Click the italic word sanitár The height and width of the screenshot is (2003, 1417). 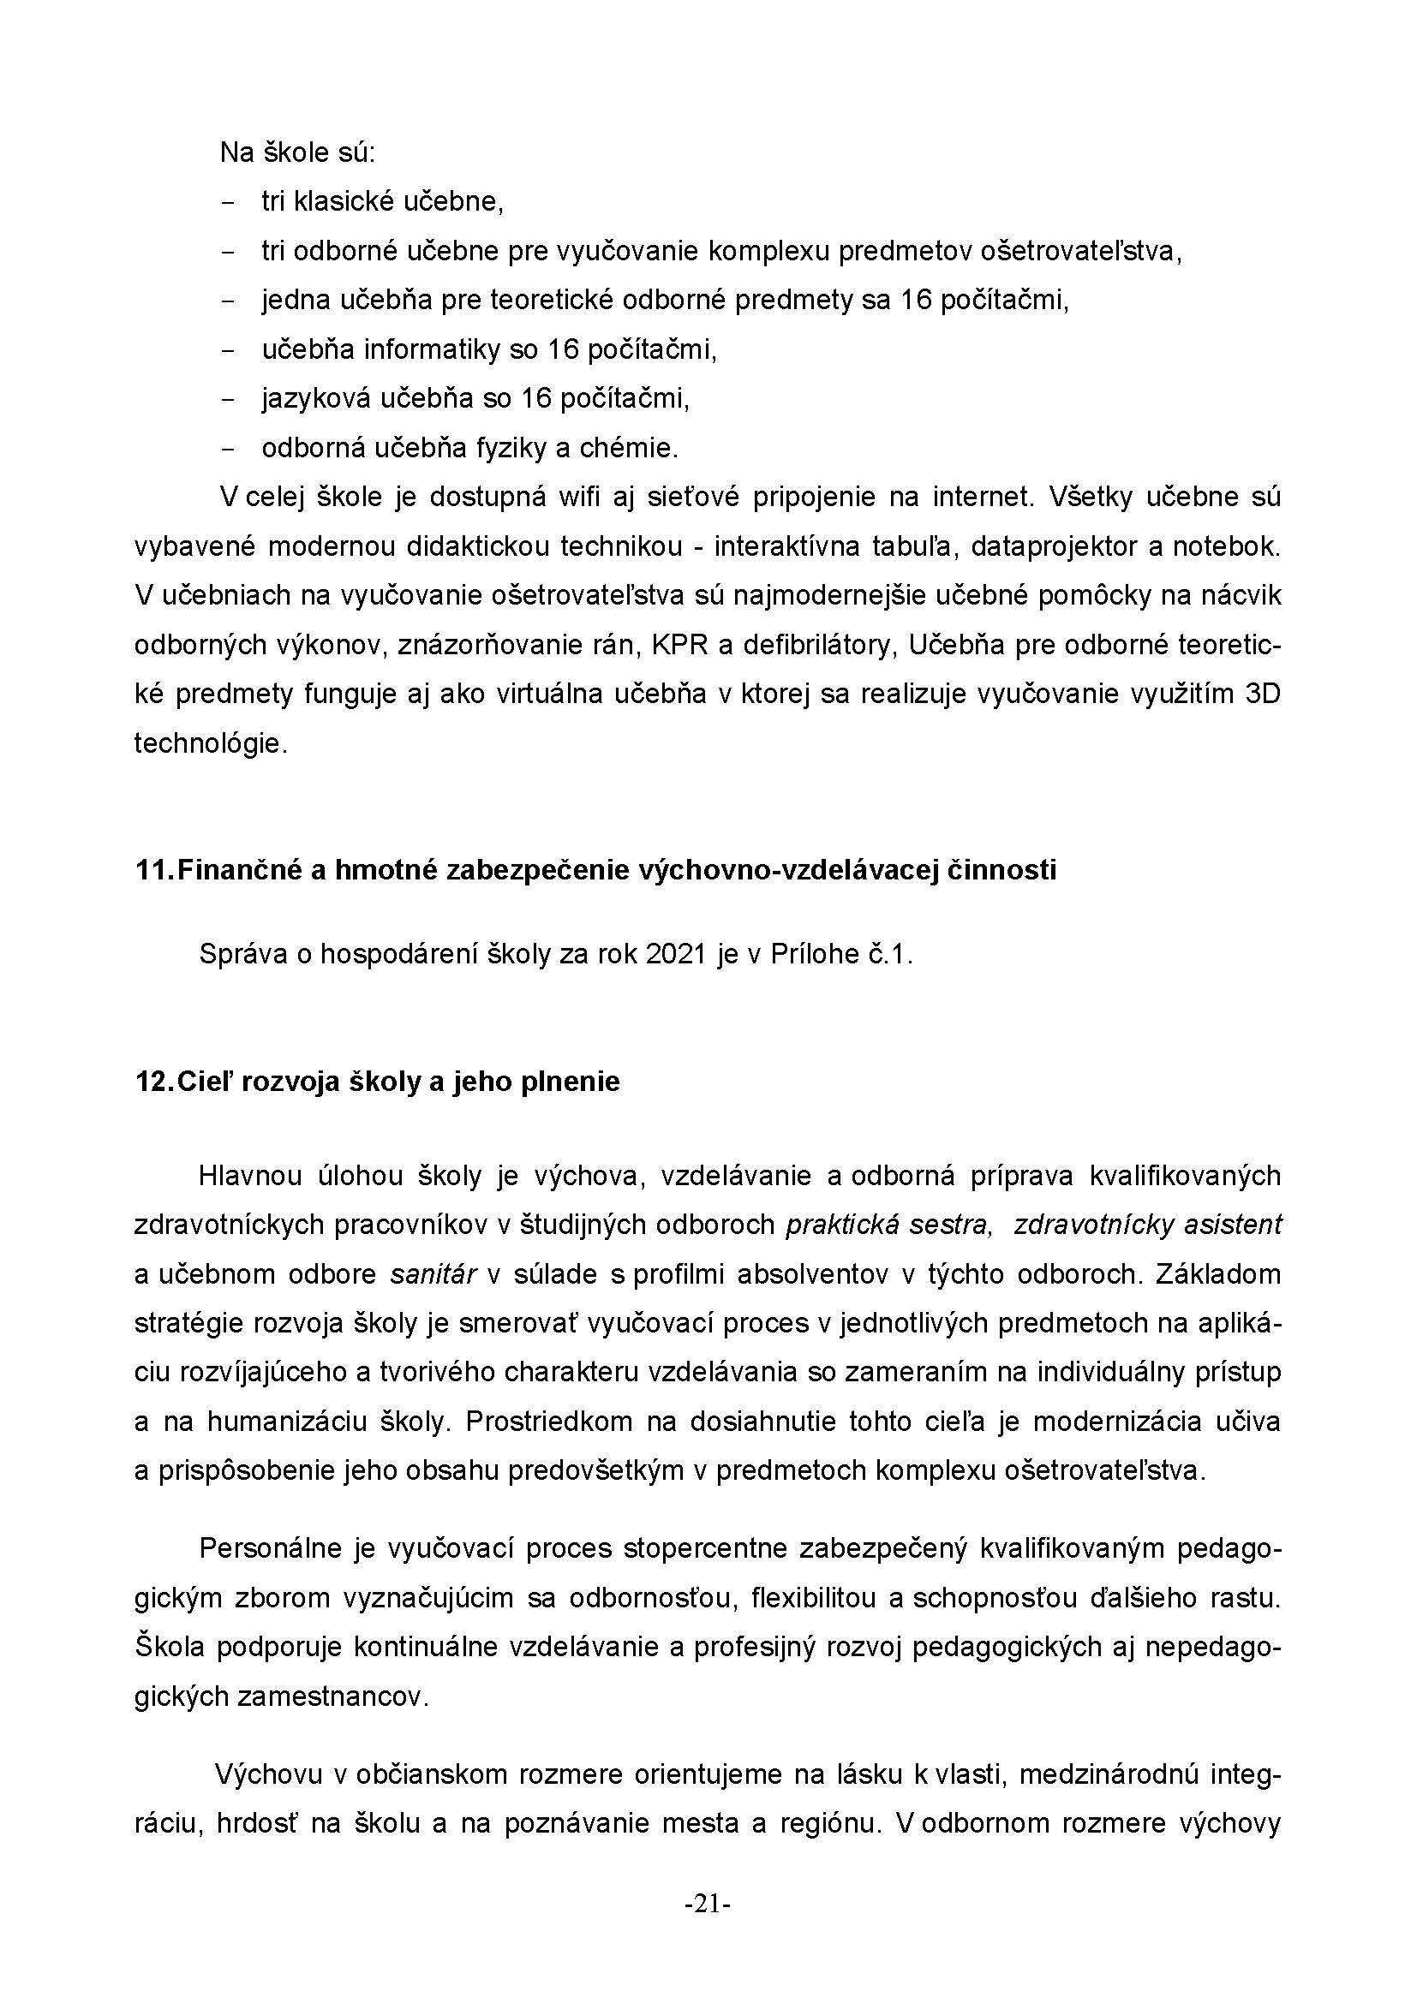pyautogui.click(x=433, y=1274)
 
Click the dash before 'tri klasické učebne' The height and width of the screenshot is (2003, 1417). pyautogui.click(x=229, y=203)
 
